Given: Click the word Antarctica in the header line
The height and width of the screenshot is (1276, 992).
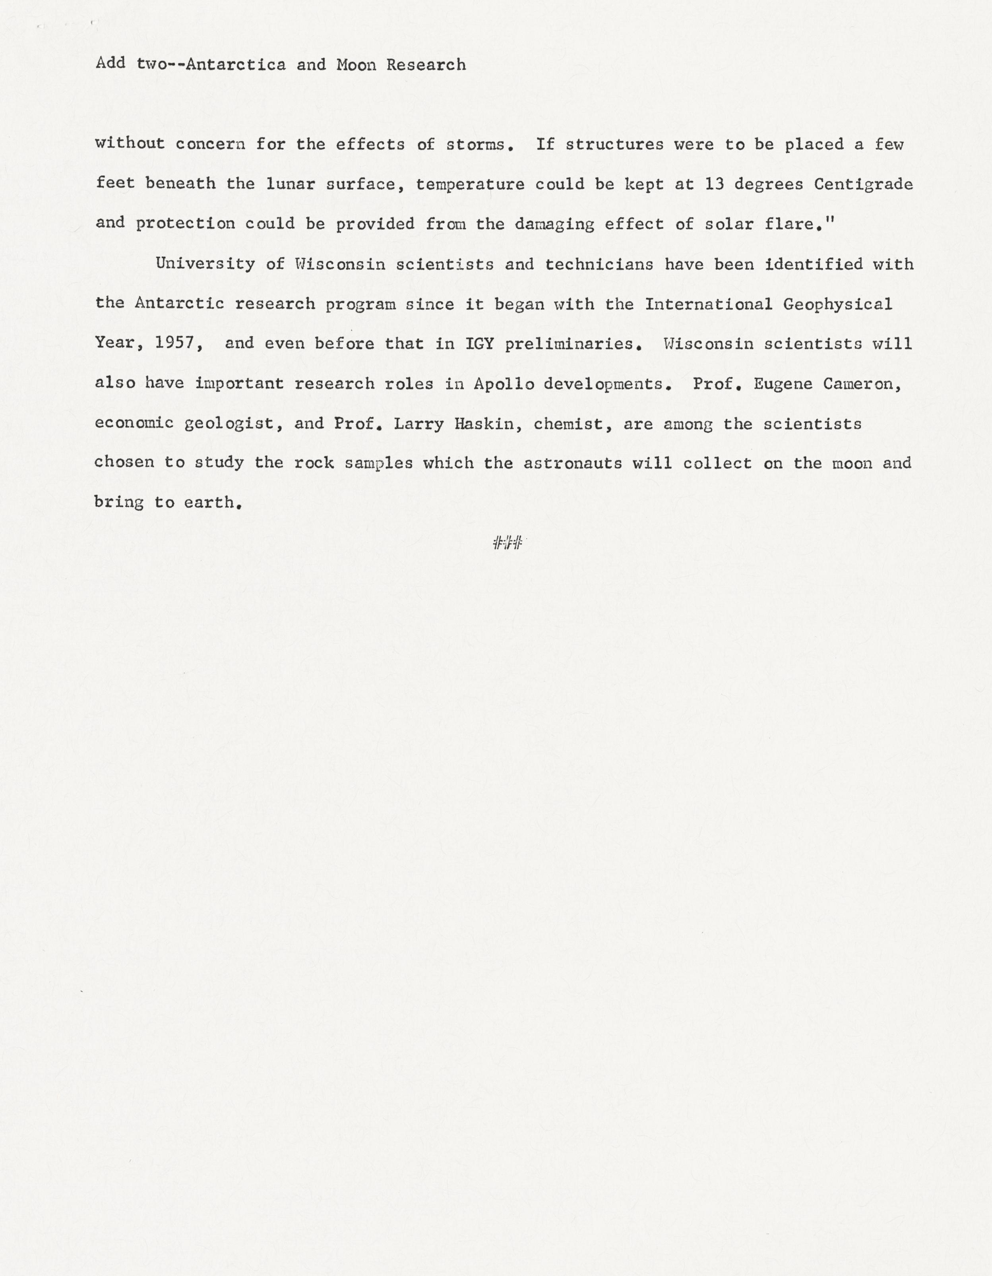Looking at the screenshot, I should click(x=236, y=64).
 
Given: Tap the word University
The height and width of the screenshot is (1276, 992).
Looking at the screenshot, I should click(x=205, y=264).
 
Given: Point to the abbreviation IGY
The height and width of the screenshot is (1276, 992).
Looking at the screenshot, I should click(x=480, y=343).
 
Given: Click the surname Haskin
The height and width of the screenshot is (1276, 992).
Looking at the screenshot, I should click(x=490, y=424).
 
